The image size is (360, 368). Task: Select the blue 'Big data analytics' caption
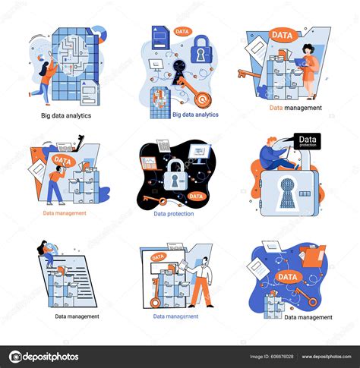195,115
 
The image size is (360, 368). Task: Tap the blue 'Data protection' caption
174,214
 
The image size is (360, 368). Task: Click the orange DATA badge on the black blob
196,196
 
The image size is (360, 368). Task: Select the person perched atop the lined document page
46,252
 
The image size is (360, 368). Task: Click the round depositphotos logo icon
16,357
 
